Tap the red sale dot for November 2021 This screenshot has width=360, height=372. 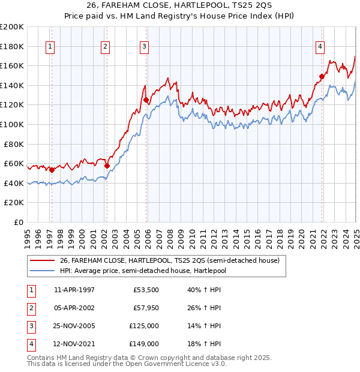coord(322,76)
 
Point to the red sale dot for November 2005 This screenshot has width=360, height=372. coord(146,100)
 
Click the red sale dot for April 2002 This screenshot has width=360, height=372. coord(107,166)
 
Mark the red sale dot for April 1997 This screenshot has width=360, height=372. coord(52,170)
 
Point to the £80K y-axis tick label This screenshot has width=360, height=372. coord(14,144)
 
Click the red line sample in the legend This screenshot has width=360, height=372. coord(42,261)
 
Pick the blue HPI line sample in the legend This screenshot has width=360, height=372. coord(42,271)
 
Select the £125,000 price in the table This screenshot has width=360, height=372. coord(144,326)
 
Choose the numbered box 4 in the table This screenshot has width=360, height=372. coord(31,344)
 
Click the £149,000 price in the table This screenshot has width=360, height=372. coord(144,344)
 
